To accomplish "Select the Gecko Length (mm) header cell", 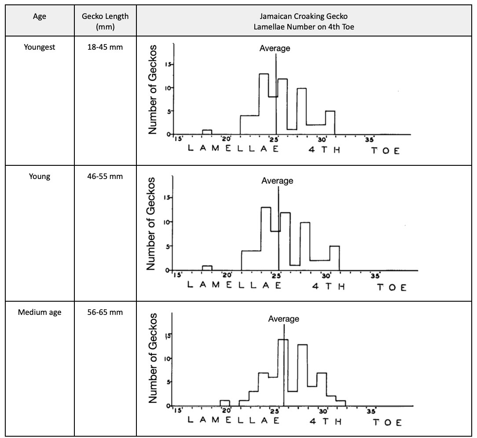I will (x=105, y=20).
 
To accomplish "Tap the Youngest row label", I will (x=39, y=47).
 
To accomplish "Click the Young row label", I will (x=39, y=177).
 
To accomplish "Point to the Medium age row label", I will (x=39, y=313).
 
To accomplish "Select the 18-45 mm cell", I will (x=105, y=47).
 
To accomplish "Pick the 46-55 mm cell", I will (x=105, y=177).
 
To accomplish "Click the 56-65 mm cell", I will (x=105, y=313).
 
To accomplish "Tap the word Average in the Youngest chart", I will (x=275, y=48).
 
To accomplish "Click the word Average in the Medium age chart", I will (x=283, y=319).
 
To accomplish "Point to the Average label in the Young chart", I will (x=277, y=180).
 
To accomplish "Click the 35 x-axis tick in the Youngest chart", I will (x=369, y=140).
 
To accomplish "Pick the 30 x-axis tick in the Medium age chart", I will (x=323, y=411).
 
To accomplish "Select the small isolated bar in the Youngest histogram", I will (x=207, y=132).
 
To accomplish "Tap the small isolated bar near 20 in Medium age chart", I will (x=225, y=403).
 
